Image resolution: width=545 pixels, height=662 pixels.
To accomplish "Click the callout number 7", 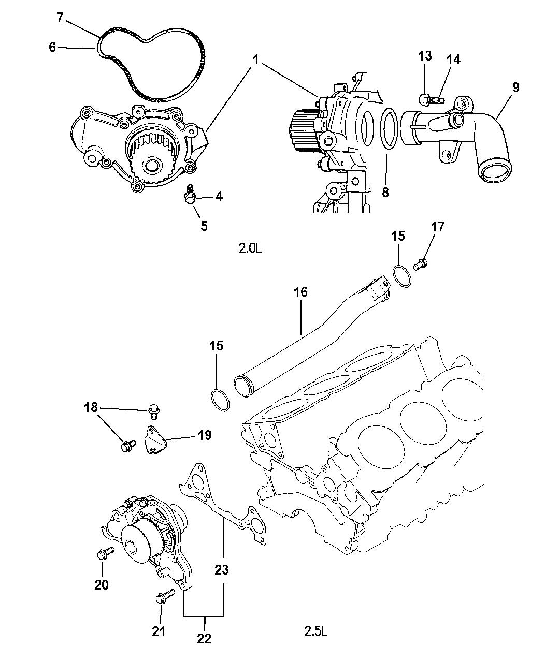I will click(60, 18).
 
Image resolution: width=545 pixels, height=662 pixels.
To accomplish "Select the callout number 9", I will click(515, 87).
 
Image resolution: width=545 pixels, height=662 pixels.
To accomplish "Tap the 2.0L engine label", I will click(251, 248).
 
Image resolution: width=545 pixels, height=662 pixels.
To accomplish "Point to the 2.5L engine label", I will click(316, 631).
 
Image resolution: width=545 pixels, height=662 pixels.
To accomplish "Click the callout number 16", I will click(300, 292).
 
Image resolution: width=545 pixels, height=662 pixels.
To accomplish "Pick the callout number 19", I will click(205, 435).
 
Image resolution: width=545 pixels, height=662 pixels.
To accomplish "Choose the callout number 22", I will click(204, 639).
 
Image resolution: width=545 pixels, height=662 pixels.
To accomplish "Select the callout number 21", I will click(159, 631).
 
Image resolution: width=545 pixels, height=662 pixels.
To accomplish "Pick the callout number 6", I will click(52, 47).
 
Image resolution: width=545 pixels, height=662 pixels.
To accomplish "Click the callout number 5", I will click(204, 226).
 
